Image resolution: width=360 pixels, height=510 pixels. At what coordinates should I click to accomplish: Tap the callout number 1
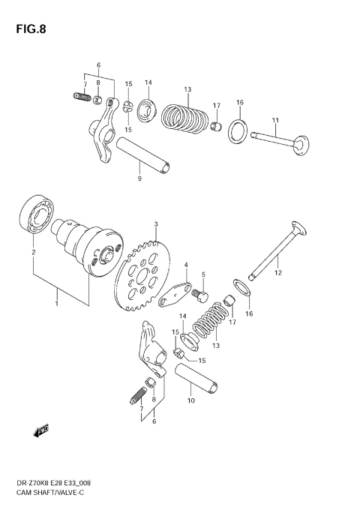pyautogui.click(x=55, y=304)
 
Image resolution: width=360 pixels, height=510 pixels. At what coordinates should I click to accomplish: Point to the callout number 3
pyautogui.click(x=155, y=224)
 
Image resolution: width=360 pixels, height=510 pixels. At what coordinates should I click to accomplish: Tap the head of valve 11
pyautogui.click(x=302, y=142)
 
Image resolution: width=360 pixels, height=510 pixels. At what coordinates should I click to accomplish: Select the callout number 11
pyautogui.click(x=274, y=121)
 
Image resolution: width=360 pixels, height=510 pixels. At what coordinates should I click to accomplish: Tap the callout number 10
pyautogui.click(x=190, y=401)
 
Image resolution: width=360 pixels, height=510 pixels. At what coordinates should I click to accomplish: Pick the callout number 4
pyautogui.click(x=186, y=265)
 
